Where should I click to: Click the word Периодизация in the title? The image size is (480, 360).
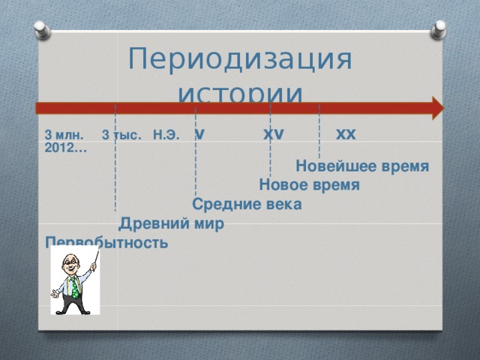pyautogui.click(x=240, y=59)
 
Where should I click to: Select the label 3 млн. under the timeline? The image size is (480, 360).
pyautogui.click(x=64, y=136)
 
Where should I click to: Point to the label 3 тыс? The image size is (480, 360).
pyautogui.click(x=121, y=136)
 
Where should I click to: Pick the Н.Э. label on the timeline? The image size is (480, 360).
pyautogui.click(x=165, y=136)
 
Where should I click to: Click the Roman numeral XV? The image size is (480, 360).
pyautogui.click(x=273, y=134)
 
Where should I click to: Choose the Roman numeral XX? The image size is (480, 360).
pyautogui.click(x=346, y=134)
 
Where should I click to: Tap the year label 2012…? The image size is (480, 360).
pyautogui.click(x=64, y=148)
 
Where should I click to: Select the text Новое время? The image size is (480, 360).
pyautogui.click(x=309, y=184)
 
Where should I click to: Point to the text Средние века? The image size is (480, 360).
pyautogui.click(x=247, y=204)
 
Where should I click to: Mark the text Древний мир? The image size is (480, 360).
pyautogui.click(x=171, y=223)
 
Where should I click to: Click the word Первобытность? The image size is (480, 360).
pyautogui.click(x=106, y=242)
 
